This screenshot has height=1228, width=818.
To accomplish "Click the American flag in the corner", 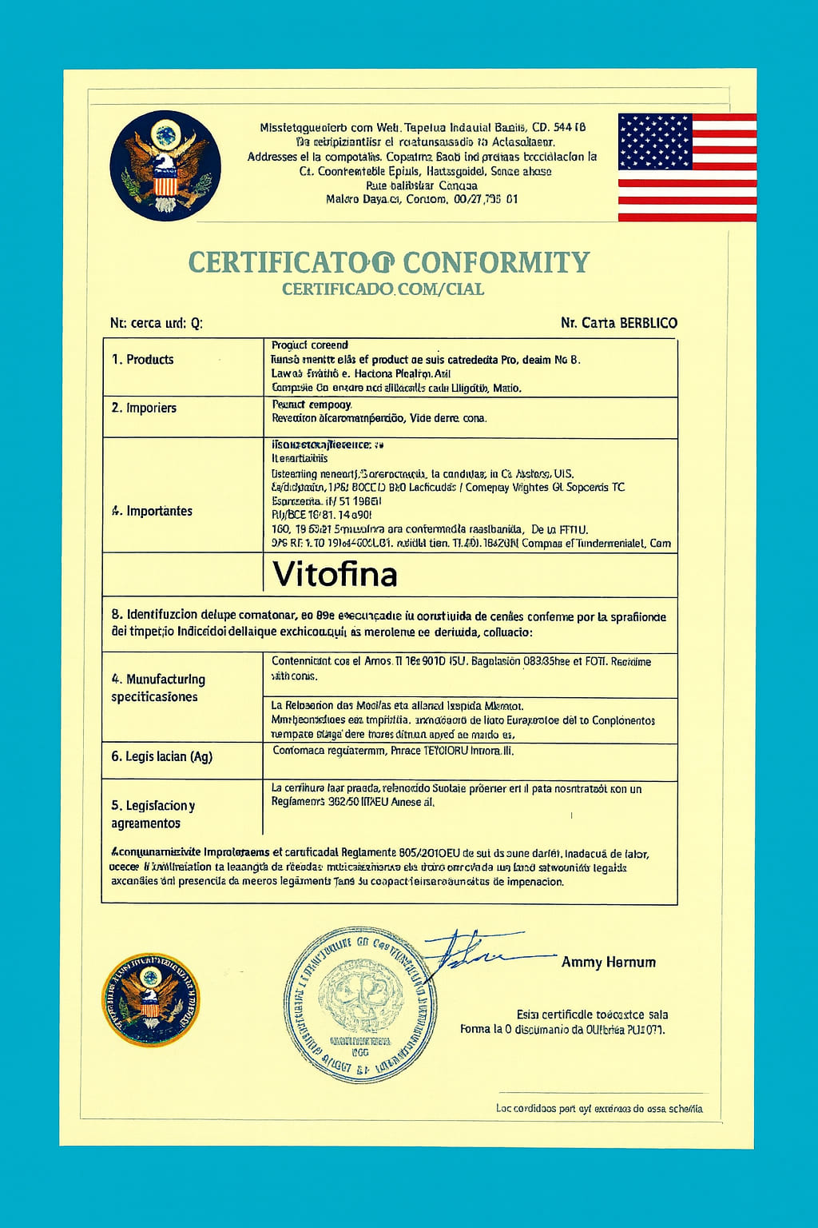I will click(x=687, y=167).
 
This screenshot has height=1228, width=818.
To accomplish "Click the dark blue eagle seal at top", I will click(x=165, y=165).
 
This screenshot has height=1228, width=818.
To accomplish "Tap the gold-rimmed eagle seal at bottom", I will click(x=150, y=999).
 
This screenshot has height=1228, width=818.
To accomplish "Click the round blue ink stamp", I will click(x=360, y=1005).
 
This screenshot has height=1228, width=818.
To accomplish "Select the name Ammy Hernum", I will click(x=608, y=963).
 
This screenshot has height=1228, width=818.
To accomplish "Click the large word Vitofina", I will click(x=335, y=574).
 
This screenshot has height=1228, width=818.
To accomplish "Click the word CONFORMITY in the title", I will click(x=496, y=262).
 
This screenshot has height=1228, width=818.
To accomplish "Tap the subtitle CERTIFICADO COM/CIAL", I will click(x=383, y=289).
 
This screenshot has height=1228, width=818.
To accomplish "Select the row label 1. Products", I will click(x=142, y=360).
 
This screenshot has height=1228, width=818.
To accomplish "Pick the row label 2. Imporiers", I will click(x=144, y=408).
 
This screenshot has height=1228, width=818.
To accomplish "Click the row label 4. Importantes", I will click(x=152, y=511).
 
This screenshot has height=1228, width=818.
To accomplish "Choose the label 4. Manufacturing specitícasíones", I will click(x=157, y=688).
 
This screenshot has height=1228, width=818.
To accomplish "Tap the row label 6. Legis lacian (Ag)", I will click(x=161, y=756).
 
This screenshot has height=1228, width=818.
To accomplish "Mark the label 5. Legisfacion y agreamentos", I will click(x=153, y=814).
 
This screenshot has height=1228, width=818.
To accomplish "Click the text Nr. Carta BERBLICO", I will click(x=618, y=323).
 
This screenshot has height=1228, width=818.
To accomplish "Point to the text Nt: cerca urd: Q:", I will click(x=157, y=323).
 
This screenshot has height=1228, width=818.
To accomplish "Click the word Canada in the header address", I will click(x=458, y=185).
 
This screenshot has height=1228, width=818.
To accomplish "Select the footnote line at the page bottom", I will click(x=598, y=1108).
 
